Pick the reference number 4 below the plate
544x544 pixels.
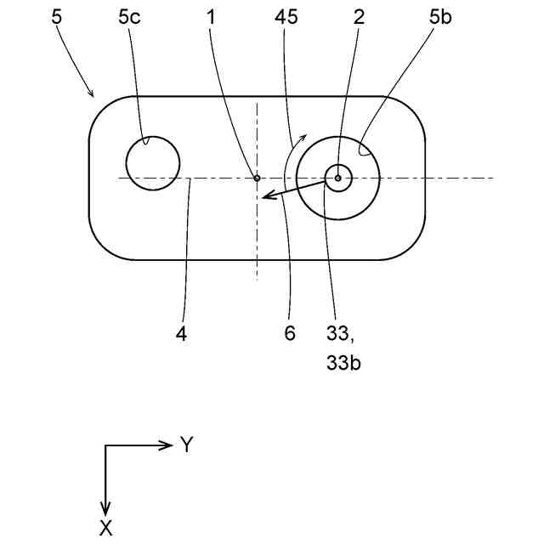point(181,333)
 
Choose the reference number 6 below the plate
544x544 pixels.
point(290,333)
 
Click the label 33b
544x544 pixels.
point(345,363)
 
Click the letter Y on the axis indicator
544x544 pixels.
point(187,445)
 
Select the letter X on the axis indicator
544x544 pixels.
point(105,528)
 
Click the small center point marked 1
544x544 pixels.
point(257,178)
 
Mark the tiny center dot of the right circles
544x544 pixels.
point(338,178)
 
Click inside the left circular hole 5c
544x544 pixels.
point(153,163)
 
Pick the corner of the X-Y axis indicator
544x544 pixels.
point(105,445)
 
